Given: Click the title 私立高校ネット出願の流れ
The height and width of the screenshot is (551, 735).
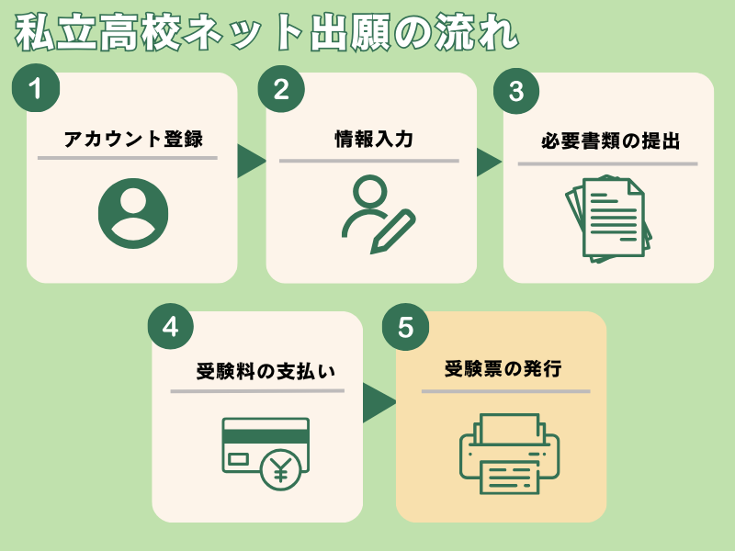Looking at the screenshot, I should (x=266, y=33).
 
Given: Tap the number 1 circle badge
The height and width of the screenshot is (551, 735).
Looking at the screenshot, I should (x=36, y=89).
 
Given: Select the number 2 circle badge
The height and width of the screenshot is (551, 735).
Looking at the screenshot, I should (x=281, y=89).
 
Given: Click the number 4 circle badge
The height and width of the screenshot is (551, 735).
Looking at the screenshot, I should (x=169, y=327).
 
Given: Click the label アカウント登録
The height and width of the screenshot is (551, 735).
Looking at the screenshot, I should (x=133, y=140).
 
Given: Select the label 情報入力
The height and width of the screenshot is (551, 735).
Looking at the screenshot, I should (x=373, y=140).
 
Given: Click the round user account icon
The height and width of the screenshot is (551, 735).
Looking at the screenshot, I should (x=133, y=213).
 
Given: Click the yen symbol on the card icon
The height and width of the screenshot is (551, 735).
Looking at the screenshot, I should (x=280, y=470).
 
